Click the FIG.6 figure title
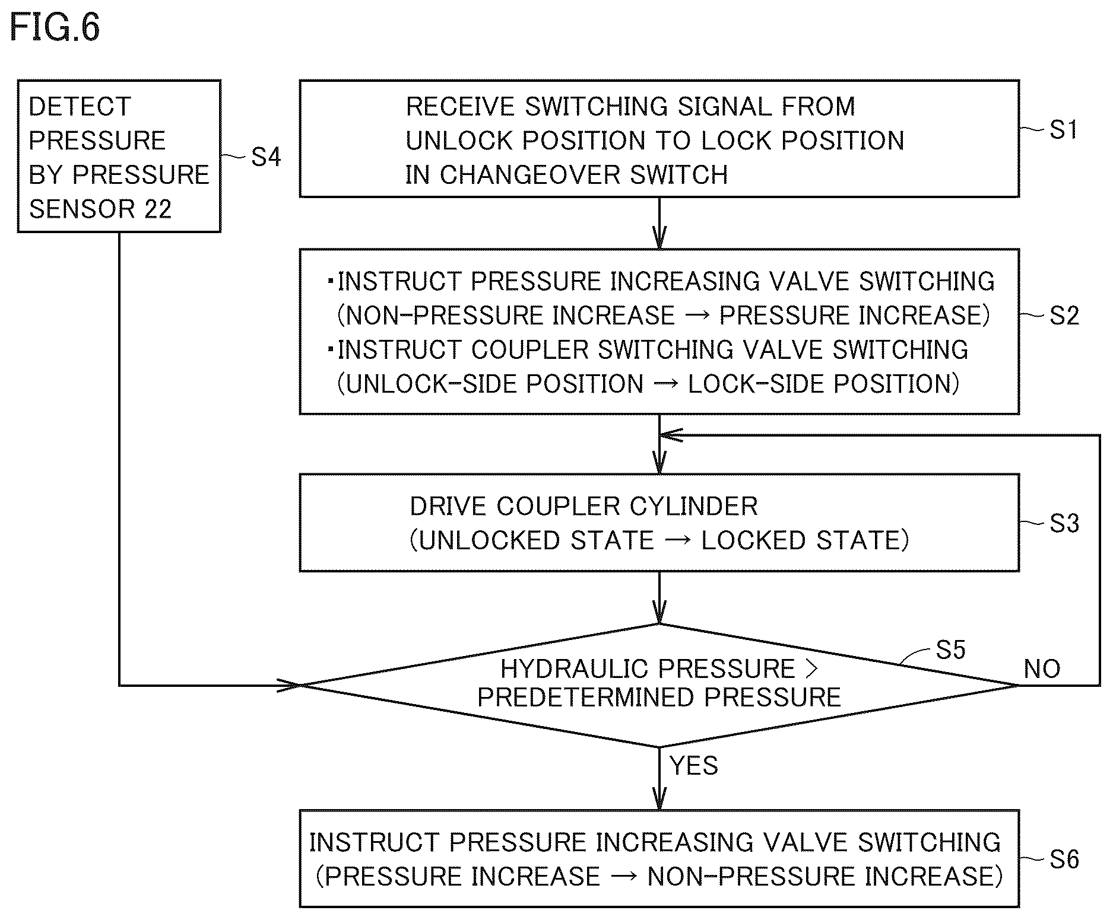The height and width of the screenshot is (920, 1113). (55, 28)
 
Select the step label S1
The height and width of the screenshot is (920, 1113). (1064, 129)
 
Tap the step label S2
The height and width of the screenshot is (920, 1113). (1064, 316)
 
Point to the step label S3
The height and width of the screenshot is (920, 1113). (1064, 523)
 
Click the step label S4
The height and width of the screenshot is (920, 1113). (266, 157)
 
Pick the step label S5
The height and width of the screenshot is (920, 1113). (950, 650)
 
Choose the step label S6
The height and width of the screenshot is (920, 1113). (1064, 859)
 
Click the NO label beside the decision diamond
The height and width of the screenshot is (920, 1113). (1042, 669)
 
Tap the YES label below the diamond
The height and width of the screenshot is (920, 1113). (694, 766)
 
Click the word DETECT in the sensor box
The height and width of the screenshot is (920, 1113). (80, 107)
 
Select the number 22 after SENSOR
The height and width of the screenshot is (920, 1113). (157, 209)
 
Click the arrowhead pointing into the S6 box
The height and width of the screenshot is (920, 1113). (659, 798)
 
